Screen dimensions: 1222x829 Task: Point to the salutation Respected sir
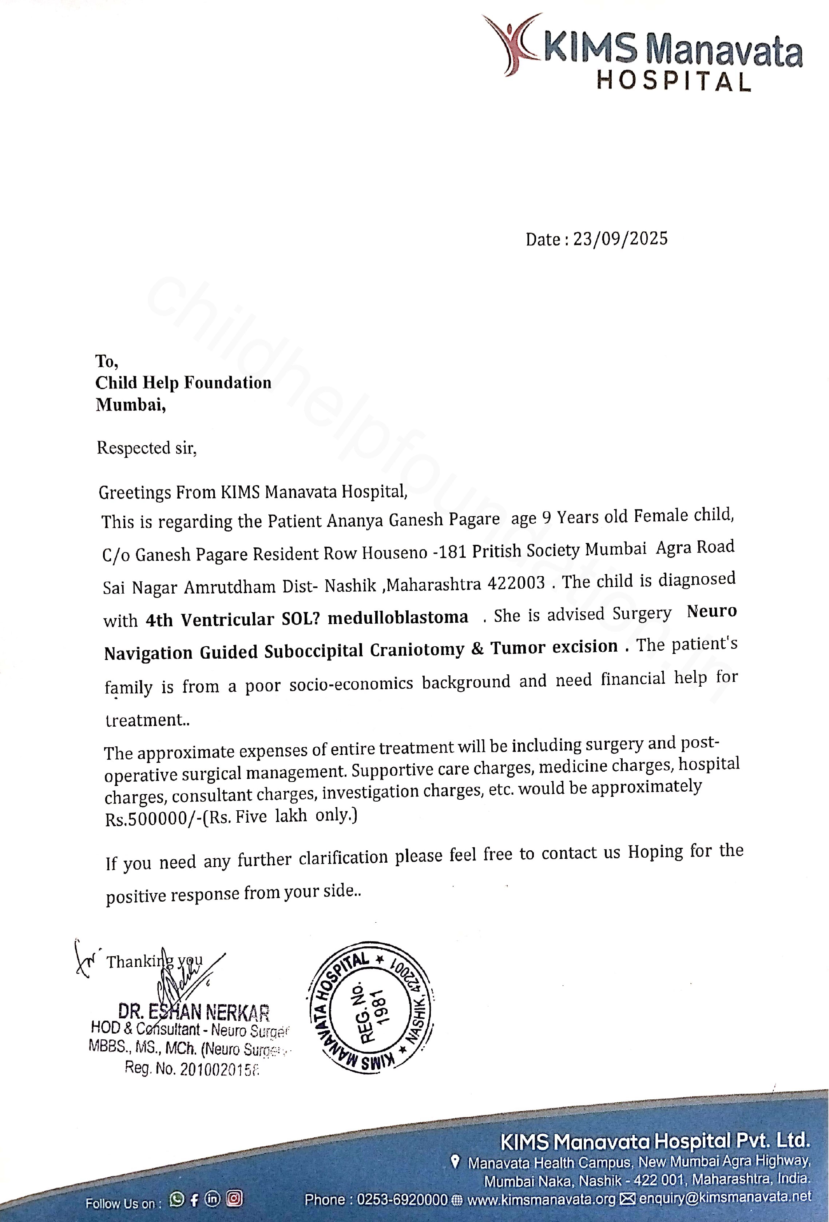point(146,448)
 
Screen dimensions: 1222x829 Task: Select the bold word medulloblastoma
point(398,617)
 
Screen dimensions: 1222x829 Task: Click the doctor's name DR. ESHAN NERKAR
point(194,1012)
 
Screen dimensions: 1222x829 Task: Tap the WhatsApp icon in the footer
point(177,1199)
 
